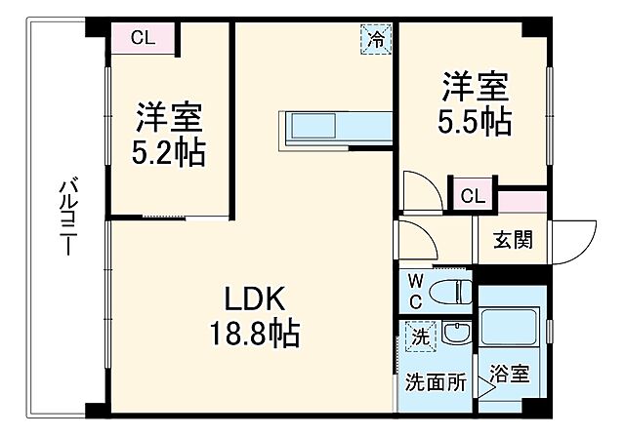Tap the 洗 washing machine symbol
pos(416,337)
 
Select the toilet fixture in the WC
pos(450,290)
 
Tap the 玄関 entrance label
pos(513,240)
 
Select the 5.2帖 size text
pos(169,154)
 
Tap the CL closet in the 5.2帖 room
pos(143,39)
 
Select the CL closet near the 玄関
pos(472,195)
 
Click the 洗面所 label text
pos(435,381)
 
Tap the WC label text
pos(415,292)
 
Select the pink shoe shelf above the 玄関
pos(521,201)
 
